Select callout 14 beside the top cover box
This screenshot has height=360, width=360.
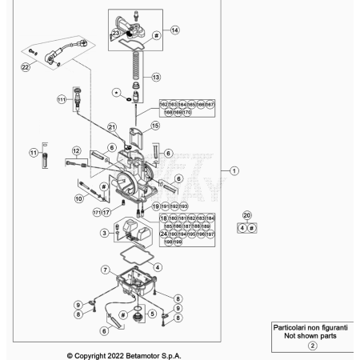click(x=174, y=30)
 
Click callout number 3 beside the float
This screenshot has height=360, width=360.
click(x=105, y=233)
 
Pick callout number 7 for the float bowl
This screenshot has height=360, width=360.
click(x=105, y=270)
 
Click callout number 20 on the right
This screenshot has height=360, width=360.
click(x=247, y=215)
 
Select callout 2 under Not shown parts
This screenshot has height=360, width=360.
click(x=313, y=345)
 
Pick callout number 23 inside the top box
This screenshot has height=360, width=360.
click(x=117, y=34)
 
